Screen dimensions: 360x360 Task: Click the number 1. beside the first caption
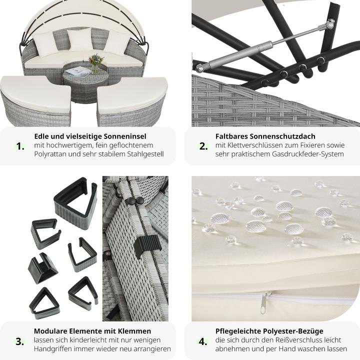(x=20, y=146)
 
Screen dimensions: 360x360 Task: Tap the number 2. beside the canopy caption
(x=203, y=146)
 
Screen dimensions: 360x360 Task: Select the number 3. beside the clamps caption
(x=20, y=342)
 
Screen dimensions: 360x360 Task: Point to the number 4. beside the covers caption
(x=203, y=342)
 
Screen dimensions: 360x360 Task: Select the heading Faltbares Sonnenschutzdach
(x=265, y=136)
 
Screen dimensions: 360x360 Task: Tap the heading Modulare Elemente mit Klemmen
(x=92, y=331)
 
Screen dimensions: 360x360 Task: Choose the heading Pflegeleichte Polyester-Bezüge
(x=269, y=331)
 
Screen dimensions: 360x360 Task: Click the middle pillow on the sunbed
(x=80, y=39)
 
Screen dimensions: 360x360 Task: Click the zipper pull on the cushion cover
(x=263, y=303)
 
